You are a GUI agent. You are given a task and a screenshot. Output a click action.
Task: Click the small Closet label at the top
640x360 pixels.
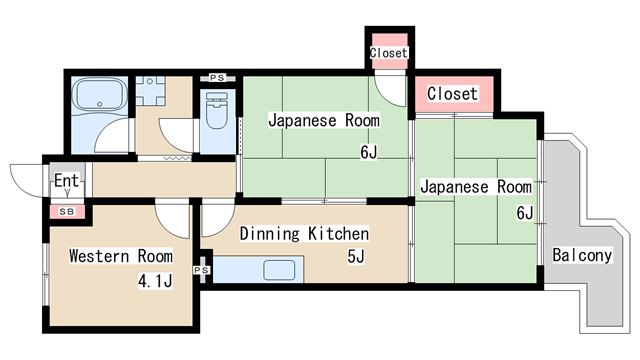pyautogui.click(x=389, y=52)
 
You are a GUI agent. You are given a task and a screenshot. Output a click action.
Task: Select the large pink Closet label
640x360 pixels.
pyautogui.click(x=453, y=94)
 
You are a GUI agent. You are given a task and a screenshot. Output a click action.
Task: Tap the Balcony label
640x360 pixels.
pyautogui.click(x=581, y=255)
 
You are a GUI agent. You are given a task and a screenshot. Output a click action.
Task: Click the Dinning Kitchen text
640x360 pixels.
pyautogui.click(x=304, y=234)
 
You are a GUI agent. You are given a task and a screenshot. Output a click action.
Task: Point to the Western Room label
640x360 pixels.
pyautogui.click(x=120, y=256)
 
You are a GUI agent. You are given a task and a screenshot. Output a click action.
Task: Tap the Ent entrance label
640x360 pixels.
pyautogui.click(x=66, y=181)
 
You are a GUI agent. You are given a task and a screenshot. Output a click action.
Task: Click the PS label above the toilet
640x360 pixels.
pyautogui.click(x=217, y=77)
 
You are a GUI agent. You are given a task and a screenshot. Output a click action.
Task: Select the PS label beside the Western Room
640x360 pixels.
pyautogui.click(x=201, y=270)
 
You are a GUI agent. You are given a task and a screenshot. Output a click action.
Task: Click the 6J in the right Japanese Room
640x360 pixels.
pyautogui.click(x=524, y=212)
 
